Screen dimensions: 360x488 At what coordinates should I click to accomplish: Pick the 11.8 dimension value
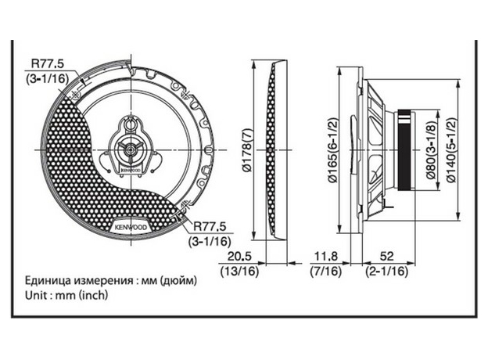(x=326, y=256)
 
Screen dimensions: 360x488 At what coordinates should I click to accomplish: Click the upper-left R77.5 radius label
(x=45, y=65)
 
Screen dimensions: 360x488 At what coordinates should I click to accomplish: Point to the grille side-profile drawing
(x=274, y=149)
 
